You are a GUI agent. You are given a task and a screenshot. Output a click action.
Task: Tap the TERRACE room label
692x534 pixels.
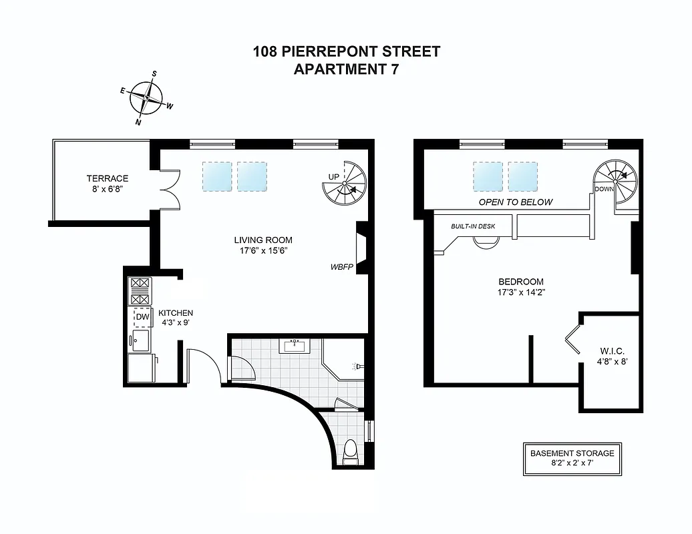tap(107, 178)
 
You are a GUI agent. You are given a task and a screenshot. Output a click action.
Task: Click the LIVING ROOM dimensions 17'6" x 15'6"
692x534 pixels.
tap(263, 251)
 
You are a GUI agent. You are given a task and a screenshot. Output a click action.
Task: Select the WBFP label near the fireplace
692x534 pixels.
tap(341, 266)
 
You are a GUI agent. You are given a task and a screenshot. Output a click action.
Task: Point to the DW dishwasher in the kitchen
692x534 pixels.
tap(142, 316)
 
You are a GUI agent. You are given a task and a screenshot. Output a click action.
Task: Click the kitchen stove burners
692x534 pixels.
tap(140, 290)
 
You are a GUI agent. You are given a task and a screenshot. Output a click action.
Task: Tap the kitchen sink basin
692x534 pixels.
tap(140, 341)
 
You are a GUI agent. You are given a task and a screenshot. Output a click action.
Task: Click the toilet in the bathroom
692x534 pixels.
tap(350, 453)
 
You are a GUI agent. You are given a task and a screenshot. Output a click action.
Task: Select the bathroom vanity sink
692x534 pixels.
tap(295, 346)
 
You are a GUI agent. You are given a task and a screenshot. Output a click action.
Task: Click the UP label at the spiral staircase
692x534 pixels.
tap(334, 176)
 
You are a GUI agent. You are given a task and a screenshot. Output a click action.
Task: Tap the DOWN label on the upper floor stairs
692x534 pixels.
tap(604, 189)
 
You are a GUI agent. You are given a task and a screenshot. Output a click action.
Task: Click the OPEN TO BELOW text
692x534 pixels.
tap(516, 202)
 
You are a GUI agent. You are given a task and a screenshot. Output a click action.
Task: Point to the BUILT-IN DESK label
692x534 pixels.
tap(473, 226)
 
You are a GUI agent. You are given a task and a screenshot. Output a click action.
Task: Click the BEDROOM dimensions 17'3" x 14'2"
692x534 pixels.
tap(520, 292)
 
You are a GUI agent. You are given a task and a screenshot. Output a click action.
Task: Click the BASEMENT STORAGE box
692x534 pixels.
tap(572, 458)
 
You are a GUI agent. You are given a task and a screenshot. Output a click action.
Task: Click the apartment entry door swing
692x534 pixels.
tap(204, 365)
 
